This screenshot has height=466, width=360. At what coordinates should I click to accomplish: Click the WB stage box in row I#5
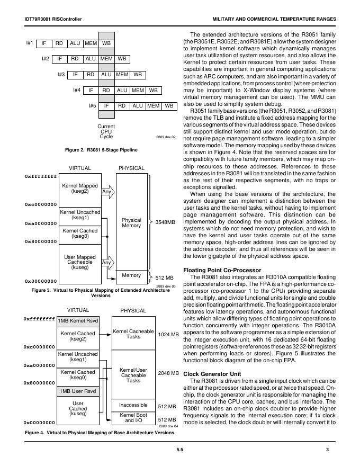(169, 106)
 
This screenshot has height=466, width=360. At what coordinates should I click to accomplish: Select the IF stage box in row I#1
(44, 43)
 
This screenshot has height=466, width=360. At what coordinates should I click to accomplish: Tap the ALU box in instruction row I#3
(106, 75)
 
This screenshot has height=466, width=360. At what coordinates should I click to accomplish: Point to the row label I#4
(77, 90)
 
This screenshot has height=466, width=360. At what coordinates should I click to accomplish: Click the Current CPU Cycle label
(106, 132)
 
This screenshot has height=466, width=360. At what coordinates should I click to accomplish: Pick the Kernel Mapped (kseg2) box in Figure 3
(80, 189)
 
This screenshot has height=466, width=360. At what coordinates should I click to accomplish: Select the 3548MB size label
(165, 222)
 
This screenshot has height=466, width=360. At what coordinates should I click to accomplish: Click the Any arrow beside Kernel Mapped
(107, 192)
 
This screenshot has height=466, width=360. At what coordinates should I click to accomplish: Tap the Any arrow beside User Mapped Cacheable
(107, 262)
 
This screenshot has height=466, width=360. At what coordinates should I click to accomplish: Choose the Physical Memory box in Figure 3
(131, 222)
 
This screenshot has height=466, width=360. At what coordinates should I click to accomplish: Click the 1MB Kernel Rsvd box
(78, 321)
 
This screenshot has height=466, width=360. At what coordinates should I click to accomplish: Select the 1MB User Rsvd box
(78, 392)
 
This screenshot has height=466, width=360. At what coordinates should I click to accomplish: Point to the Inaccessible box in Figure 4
(133, 405)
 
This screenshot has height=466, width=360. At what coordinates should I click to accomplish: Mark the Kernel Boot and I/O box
(133, 418)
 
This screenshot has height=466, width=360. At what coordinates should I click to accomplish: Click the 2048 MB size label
(168, 373)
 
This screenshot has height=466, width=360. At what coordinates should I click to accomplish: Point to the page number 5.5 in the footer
(179, 450)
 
